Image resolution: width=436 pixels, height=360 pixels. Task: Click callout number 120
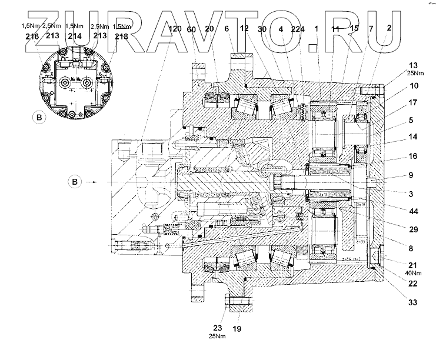point(175,29)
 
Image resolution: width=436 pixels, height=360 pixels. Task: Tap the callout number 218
point(122,36)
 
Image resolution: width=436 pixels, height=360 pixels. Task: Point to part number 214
point(74,36)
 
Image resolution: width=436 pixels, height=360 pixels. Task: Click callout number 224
point(298,29)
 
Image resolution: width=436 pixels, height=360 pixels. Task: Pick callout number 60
point(191,29)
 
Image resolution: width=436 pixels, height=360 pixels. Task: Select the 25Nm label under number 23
point(218,336)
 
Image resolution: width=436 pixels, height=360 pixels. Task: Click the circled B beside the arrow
point(75,182)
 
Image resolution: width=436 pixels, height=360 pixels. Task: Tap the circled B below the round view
point(39,118)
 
